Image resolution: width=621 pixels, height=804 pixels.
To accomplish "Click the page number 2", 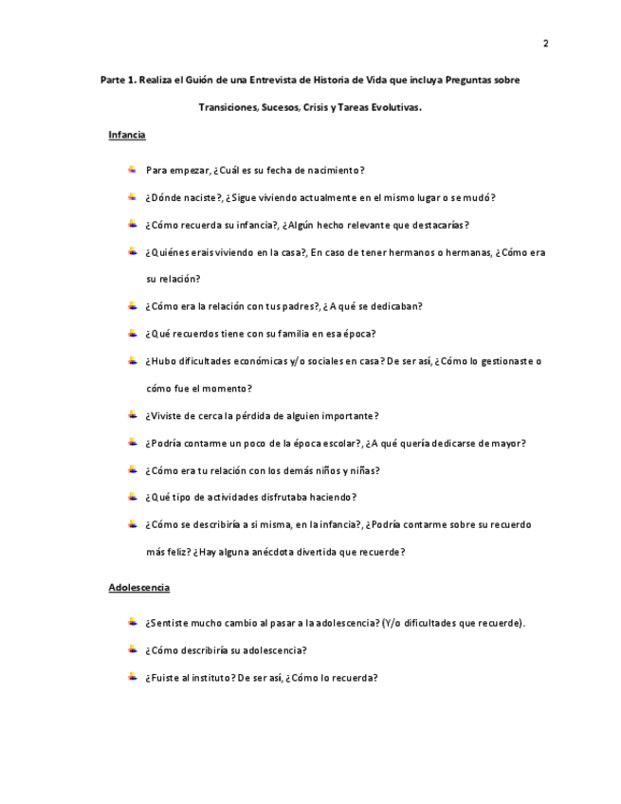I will click(545, 43).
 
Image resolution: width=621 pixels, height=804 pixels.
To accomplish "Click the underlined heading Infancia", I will click(127, 136).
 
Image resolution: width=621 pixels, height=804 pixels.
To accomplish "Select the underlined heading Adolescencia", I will click(139, 588).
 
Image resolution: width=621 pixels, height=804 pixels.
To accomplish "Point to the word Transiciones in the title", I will click(228, 107).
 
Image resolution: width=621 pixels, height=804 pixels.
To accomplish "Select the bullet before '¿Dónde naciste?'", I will click(133, 197).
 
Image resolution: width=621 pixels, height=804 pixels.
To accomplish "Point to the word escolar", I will click(338, 443).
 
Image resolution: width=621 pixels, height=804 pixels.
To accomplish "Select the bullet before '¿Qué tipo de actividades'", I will click(133, 496).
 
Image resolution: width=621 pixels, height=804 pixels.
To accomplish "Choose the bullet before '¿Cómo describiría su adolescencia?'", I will click(133, 649).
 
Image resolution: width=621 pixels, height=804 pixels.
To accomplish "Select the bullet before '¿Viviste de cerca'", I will click(133, 414).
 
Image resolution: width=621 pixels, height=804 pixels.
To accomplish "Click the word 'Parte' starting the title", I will click(113, 80).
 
